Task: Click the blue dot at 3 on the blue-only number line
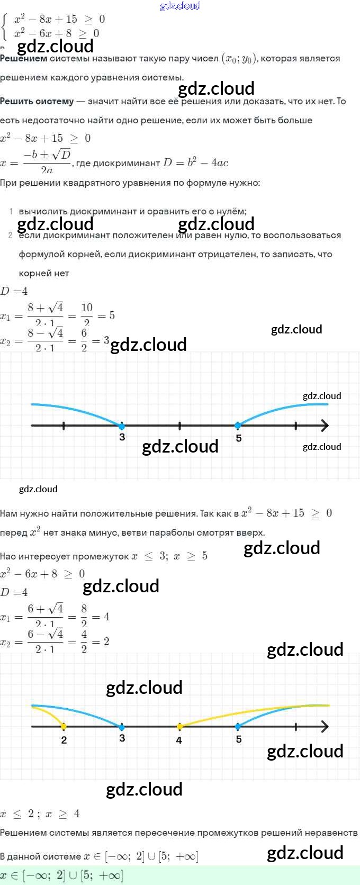pos(122,426)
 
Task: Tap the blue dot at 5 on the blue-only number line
pos(238,426)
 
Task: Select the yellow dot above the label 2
pos(64,727)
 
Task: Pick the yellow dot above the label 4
pos(179,727)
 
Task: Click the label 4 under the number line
pos(179,740)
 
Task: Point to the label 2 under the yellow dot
pos(64,740)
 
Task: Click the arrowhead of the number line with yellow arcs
pos(324,727)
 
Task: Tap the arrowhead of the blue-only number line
pos(324,426)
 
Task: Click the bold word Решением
pos(23,59)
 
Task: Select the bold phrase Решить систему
pos(37,101)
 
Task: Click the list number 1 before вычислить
pos(11,211)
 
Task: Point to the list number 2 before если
pos(11,235)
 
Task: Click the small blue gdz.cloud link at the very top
pos(180,6)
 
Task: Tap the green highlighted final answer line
pos(180,875)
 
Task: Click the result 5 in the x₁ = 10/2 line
pos(112,315)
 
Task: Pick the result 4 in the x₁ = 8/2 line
pos(106,617)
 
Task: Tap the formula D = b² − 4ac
pos(195,163)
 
